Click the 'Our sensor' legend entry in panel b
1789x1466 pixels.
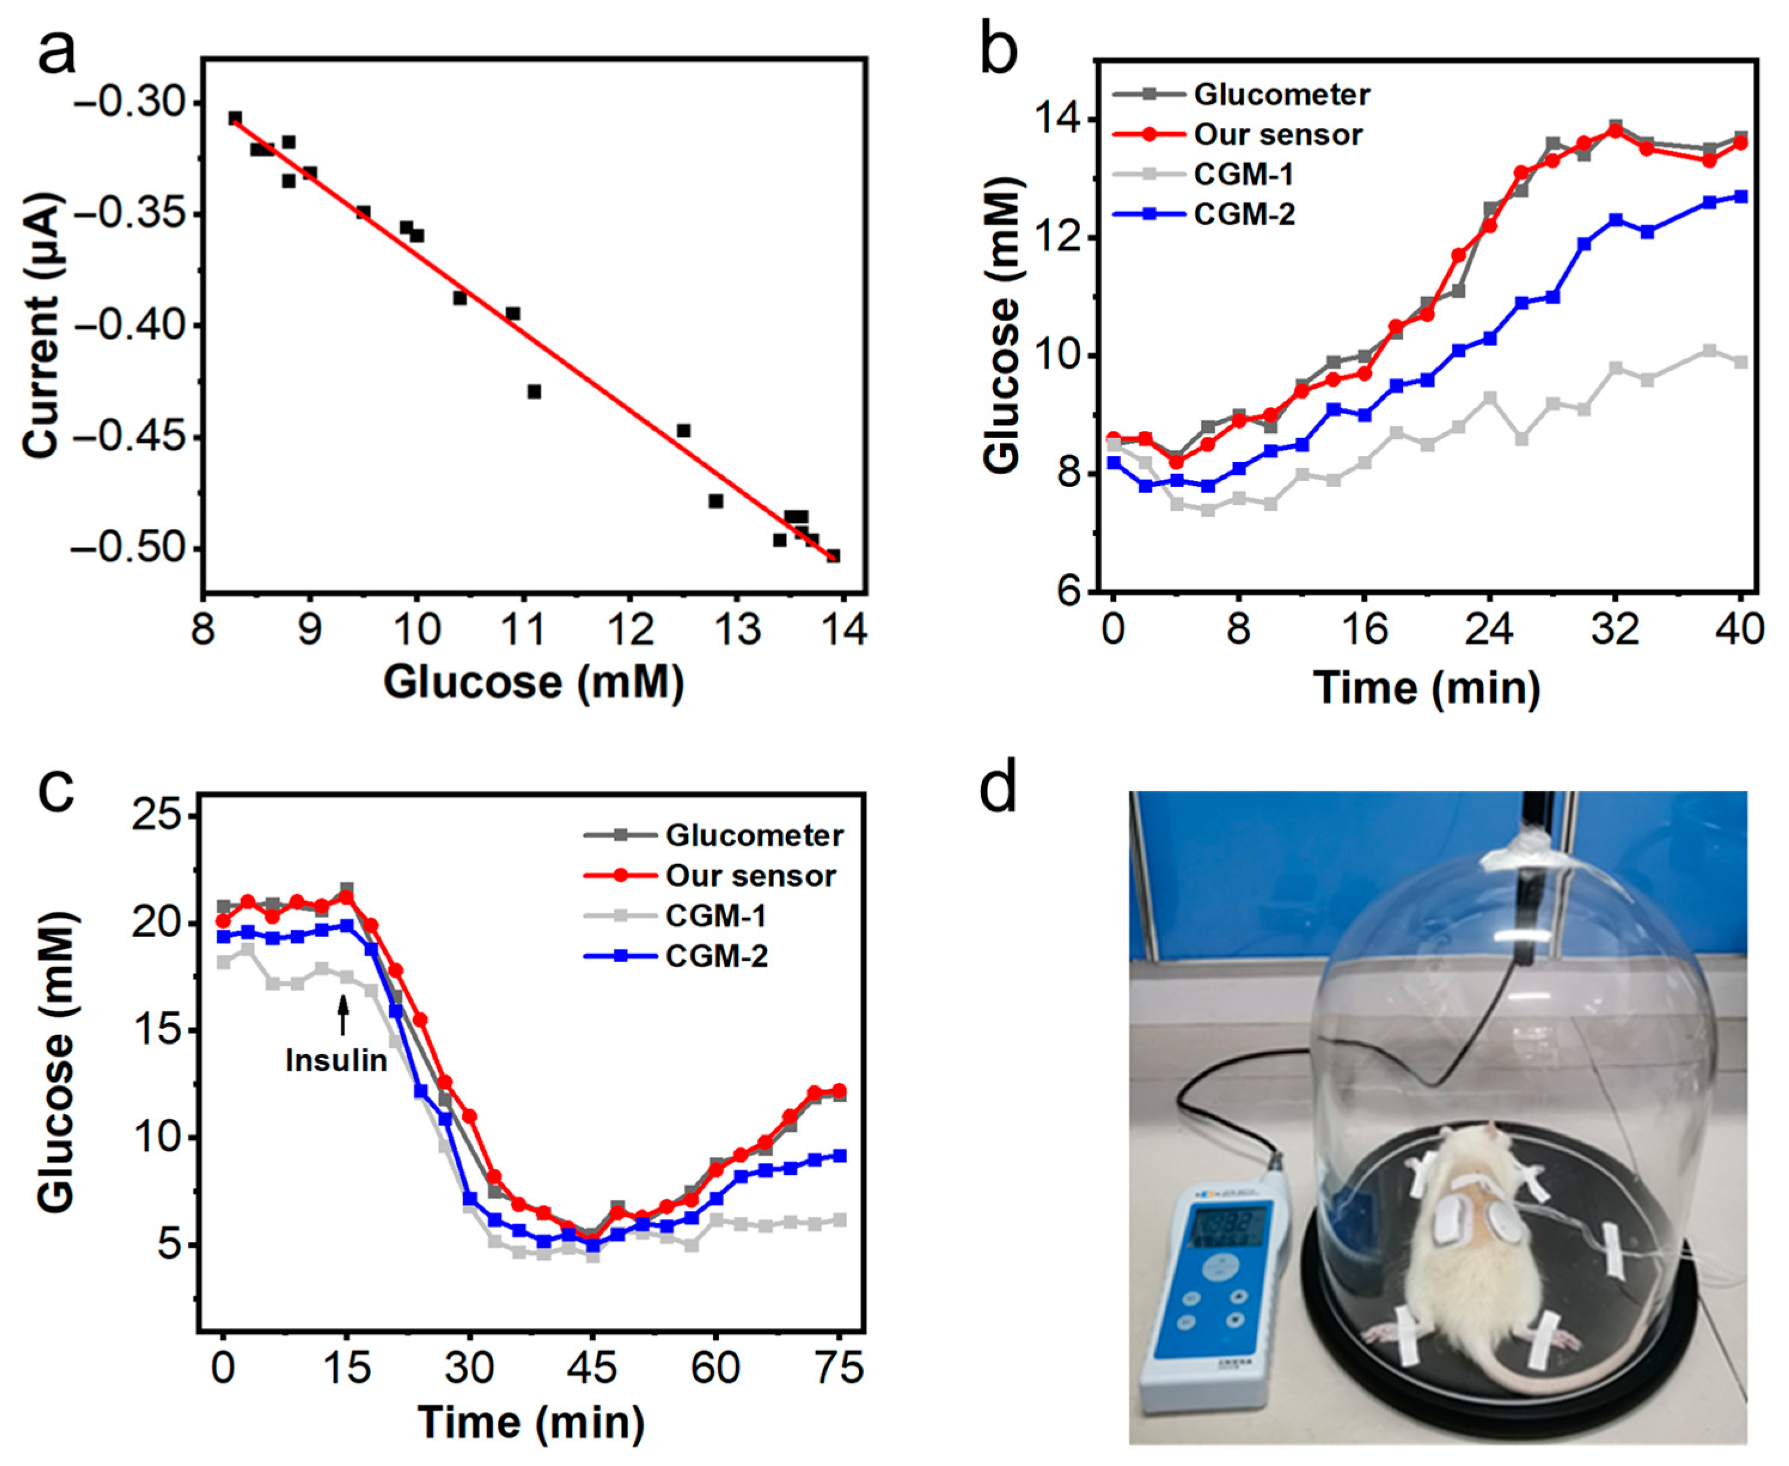[x=1277, y=134]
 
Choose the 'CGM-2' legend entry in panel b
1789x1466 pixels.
[x=1243, y=215]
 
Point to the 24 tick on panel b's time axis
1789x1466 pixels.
[x=1489, y=630]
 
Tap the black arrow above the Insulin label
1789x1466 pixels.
[x=343, y=1014]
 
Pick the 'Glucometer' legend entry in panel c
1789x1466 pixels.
[x=754, y=835]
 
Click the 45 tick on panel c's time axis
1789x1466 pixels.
[x=592, y=1366]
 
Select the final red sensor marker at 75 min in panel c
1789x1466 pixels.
[x=839, y=1089]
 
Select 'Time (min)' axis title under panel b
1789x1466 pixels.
[x=1427, y=688]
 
